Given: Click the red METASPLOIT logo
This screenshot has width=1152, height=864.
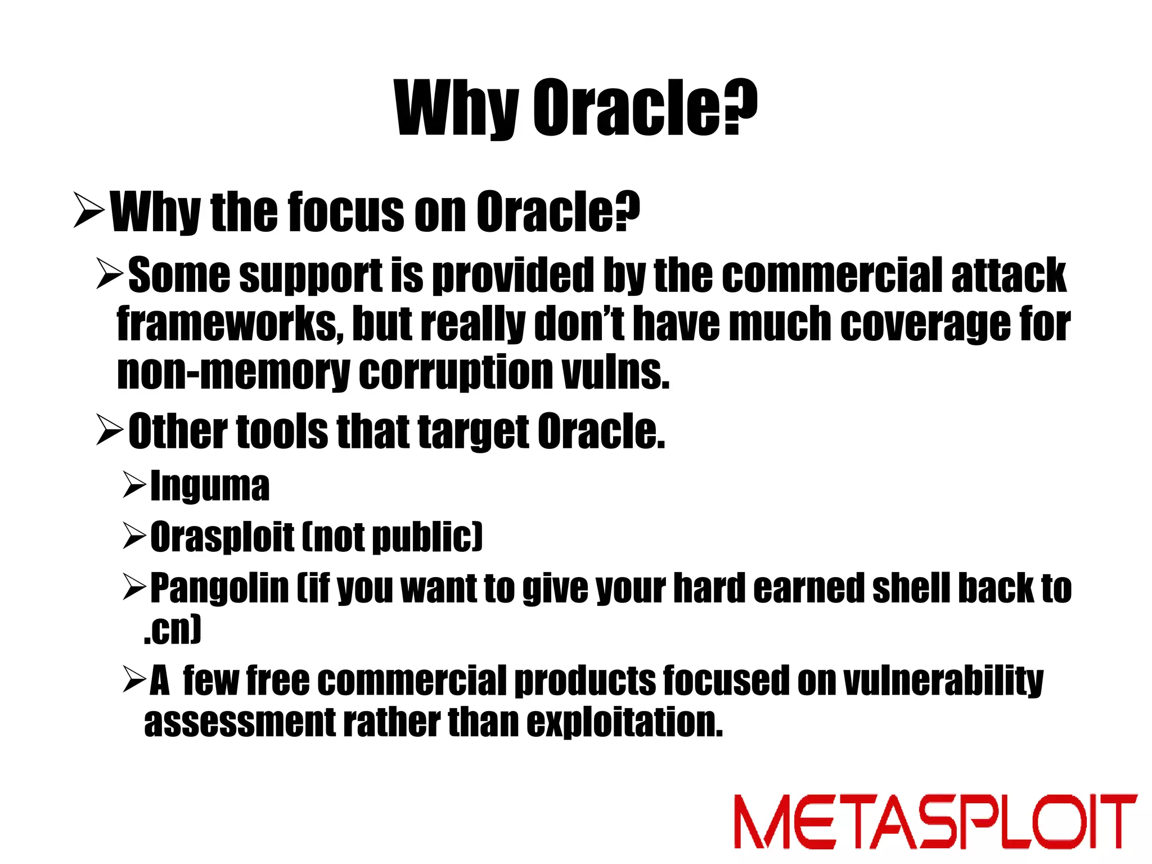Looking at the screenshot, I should click(x=935, y=821).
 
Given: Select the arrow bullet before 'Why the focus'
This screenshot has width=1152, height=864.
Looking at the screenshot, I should click(x=89, y=210).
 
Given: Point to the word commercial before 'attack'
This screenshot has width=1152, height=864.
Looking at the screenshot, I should click(x=831, y=276).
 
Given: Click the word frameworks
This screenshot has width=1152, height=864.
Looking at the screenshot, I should click(x=229, y=325).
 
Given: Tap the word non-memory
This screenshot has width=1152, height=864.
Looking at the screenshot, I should click(x=233, y=373).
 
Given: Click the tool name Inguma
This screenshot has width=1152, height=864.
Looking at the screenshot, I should click(x=210, y=486).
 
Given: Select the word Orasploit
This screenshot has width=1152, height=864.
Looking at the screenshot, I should click(x=222, y=537).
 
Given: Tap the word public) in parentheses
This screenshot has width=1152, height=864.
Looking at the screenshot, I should click(x=427, y=537).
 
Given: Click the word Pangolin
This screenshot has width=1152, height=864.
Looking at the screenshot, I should click(x=219, y=589).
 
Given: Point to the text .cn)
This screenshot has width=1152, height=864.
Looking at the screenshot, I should click(x=172, y=630).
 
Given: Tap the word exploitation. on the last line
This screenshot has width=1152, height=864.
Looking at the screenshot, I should click(x=624, y=723).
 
